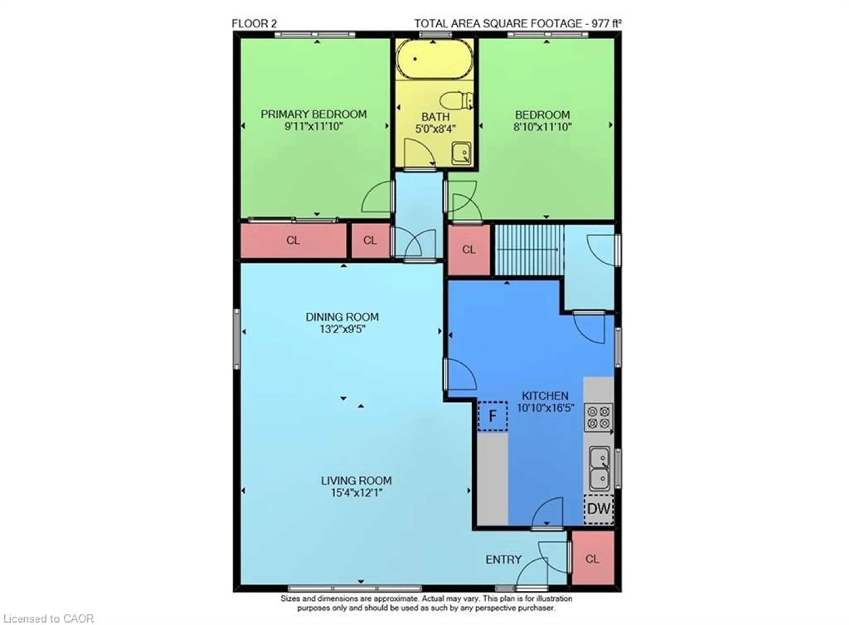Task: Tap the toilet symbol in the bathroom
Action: pos(456,101)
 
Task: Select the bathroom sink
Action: pos(461,153)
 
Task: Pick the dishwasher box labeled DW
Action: pos(599,509)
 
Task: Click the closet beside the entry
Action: pos(592,558)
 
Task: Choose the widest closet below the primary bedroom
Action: pos(293,240)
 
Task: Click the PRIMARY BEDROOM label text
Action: pos(314,114)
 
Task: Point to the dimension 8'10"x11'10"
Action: pos(542,127)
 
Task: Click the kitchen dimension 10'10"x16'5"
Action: pos(545,408)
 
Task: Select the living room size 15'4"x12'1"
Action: pos(356,493)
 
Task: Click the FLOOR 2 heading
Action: pos(254,23)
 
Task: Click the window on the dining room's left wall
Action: pos(237,339)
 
